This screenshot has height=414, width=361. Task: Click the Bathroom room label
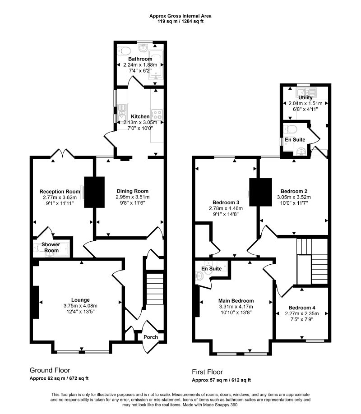coord(140,59)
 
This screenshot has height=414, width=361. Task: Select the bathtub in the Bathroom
coord(156,65)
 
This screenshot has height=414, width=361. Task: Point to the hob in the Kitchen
coord(157,115)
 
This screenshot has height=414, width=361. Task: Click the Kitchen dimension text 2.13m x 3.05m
coord(140,123)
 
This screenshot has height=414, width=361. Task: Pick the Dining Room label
coord(133,191)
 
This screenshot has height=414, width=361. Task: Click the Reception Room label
coord(60,192)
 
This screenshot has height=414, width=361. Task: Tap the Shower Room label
coord(51,248)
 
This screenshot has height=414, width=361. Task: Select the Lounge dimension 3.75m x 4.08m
coord(80,306)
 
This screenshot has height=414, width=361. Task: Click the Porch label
coord(151,337)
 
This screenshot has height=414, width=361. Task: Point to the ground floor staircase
coord(155,290)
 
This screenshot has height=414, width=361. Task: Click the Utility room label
coord(305,97)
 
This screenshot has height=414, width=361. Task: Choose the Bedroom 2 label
coord(294,191)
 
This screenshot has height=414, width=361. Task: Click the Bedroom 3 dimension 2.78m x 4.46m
coord(226,208)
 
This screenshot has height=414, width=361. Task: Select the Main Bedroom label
coord(236,301)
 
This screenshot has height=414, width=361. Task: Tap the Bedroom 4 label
coord(302,308)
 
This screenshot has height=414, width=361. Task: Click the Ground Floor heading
coord(50,370)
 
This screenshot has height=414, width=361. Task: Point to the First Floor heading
coord(208,372)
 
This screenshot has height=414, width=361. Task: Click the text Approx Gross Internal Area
coord(180,16)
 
